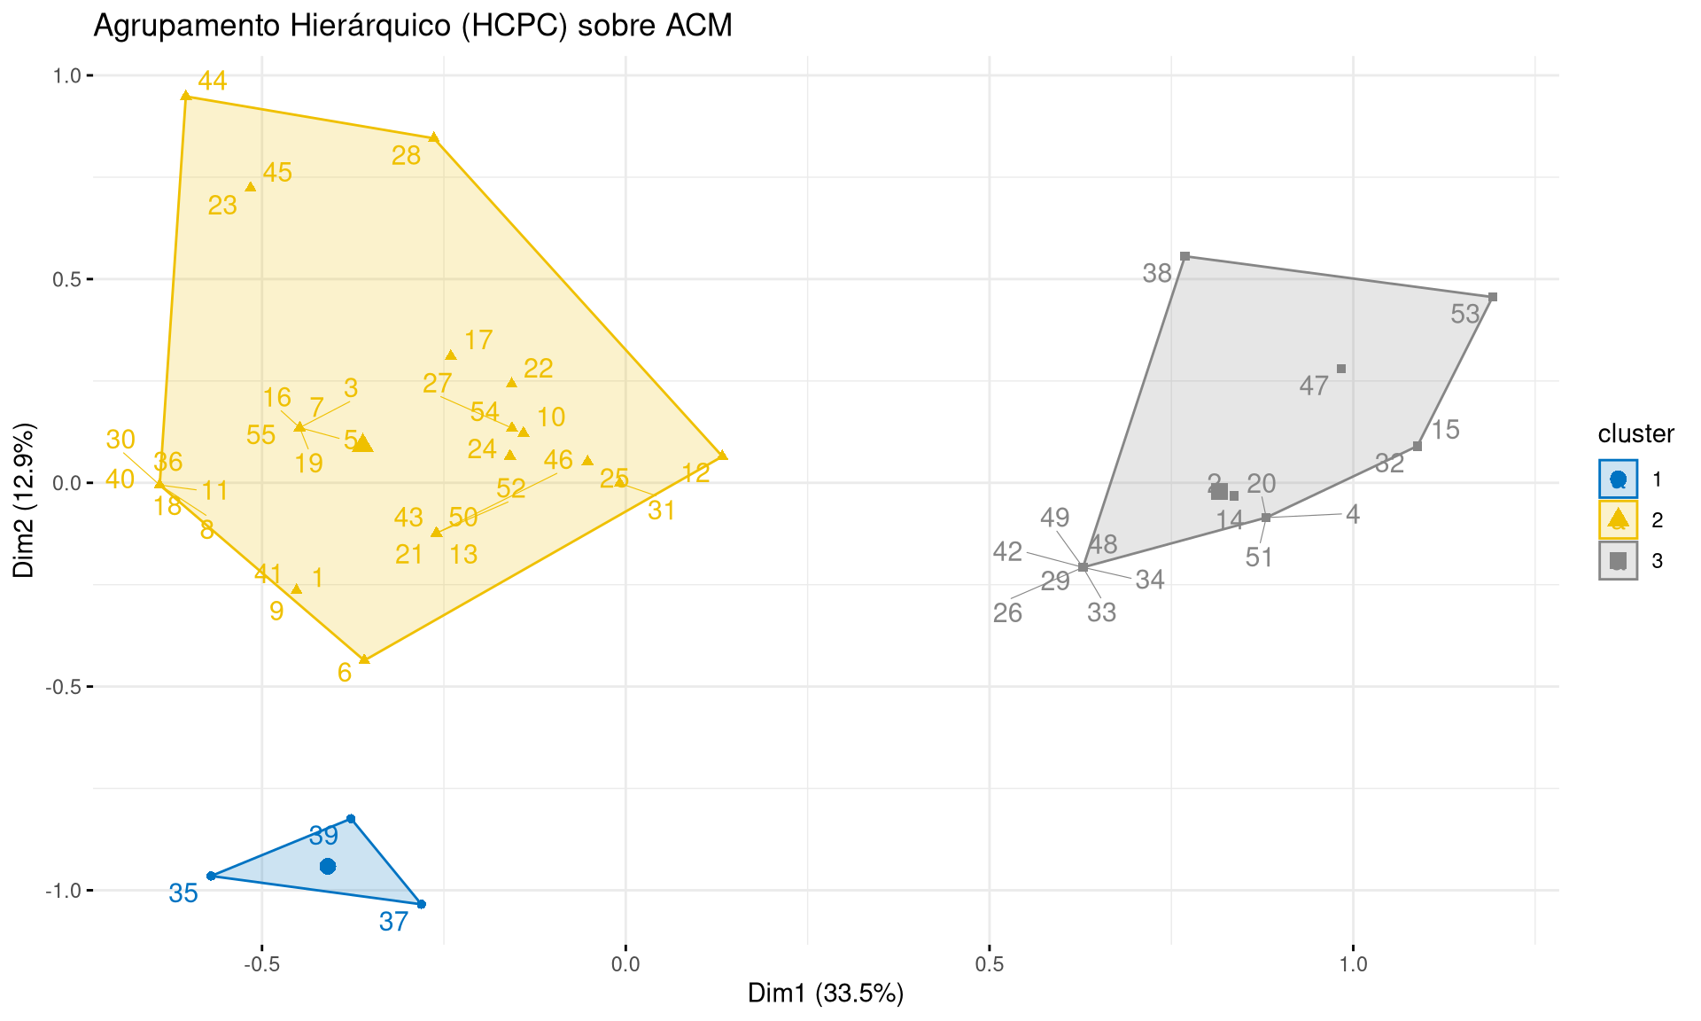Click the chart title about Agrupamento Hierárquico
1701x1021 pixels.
[x=413, y=26]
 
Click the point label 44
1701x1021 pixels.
[x=213, y=82]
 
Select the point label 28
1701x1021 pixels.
[x=406, y=156]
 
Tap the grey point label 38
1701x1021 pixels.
[x=1157, y=274]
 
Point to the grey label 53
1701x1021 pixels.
[x=1465, y=314]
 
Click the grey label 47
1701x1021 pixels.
[x=1314, y=386]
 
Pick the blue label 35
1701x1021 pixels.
[x=183, y=893]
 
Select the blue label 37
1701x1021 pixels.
[x=393, y=922]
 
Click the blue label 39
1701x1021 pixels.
[x=323, y=836]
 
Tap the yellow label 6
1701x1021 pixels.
[x=345, y=673]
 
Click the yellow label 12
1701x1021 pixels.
[x=696, y=473]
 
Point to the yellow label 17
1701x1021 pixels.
[x=478, y=340]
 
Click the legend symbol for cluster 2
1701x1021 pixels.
[x=1619, y=519]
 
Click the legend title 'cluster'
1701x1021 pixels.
[x=1635, y=434]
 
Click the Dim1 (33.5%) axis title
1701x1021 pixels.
[x=826, y=994]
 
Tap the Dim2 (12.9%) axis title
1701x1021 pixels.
[x=24, y=500]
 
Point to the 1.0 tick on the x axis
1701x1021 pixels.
[x=1353, y=964]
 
